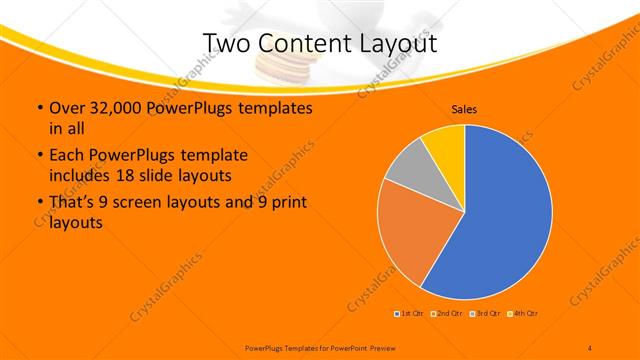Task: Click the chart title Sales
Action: click(464, 109)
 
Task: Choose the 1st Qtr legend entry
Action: click(410, 314)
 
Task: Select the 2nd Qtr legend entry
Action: click(447, 314)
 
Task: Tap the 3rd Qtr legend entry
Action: click(484, 314)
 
